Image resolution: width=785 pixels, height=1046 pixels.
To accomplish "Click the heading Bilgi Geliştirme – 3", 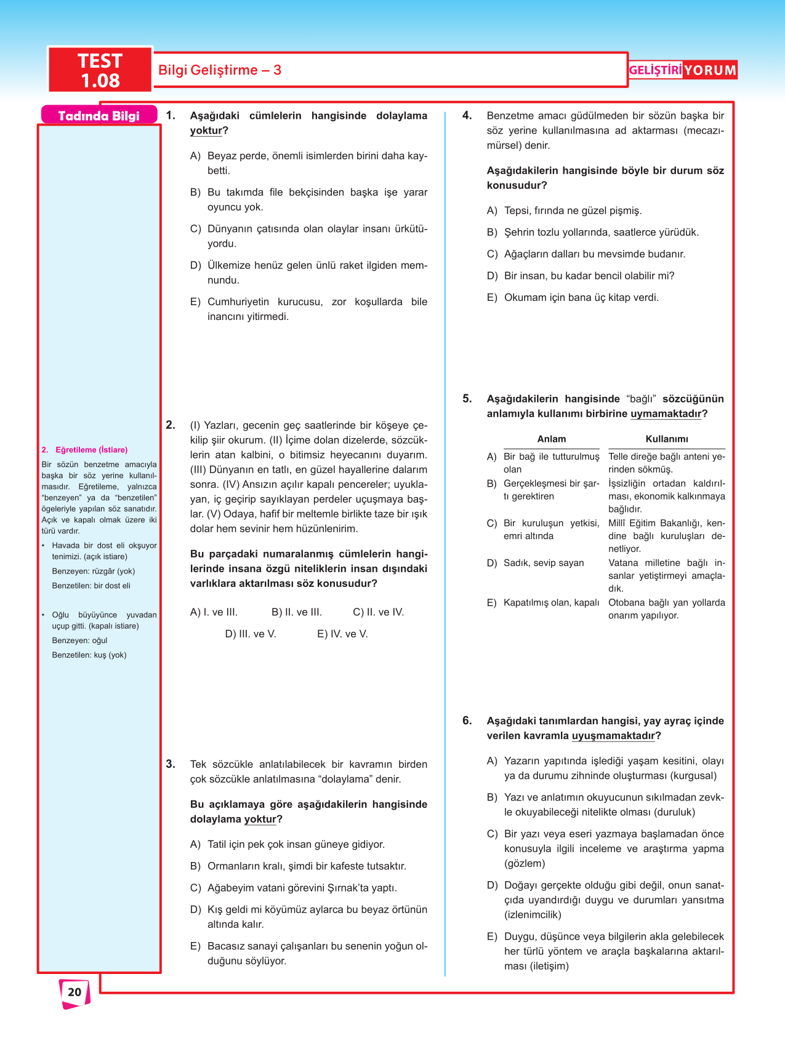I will pyautogui.click(x=220, y=70).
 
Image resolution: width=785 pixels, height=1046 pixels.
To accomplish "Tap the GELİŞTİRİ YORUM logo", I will pyautogui.click(x=682, y=70).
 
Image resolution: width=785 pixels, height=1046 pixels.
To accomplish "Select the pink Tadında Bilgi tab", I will pyautogui.click(x=99, y=116).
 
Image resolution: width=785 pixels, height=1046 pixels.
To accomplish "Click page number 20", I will pyautogui.click(x=74, y=992).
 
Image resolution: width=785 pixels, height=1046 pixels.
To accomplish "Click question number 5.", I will pyautogui.click(x=467, y=399).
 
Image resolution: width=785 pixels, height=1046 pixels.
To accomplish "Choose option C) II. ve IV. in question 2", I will pyautogui.click(x=378, y=612).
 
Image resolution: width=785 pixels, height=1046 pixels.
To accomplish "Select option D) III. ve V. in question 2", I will pyautogui.click(x=251, y=634).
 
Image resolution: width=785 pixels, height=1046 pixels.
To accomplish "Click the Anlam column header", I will pyautogui.click(x=551, y=439).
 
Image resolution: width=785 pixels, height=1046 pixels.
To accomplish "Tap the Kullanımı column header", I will pyautogui.click(x=667, y=439).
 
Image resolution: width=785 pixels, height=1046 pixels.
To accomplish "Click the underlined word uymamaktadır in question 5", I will pyautogui.click(x=666, y=414).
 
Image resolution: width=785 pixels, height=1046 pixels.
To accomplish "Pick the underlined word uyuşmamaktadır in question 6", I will pyautogui.click(x=613, y=736).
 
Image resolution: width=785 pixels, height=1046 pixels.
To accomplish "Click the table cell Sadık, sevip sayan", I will pyautogui.click(x=544, y=563).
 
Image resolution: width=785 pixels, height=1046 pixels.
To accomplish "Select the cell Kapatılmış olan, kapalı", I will pyautogui.click(x=551, y=603).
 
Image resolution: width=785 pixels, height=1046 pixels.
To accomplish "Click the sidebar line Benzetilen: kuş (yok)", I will pyautogui.click(x=89, y=655).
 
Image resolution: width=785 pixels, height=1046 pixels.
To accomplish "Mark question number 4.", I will pyautogui.click(x=467, y=116).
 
